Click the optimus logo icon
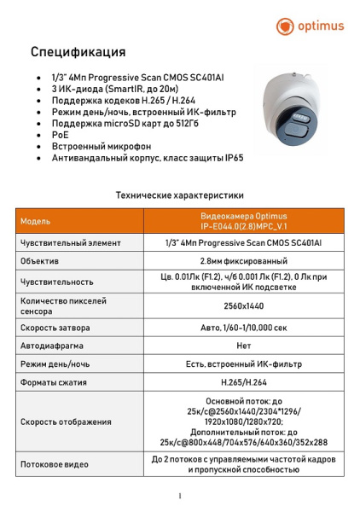click(285, 26)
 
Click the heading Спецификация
click(78, 53)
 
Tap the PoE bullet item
click(59, 135)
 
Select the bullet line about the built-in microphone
click(101, 147)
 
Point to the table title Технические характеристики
click(180, 195)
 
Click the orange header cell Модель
click(36, 221)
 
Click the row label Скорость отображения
click(66, 422)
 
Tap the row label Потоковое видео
click(55, 464)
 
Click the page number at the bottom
click(180, 496)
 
